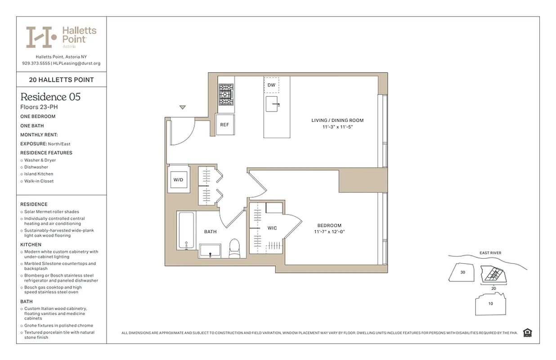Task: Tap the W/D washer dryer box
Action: pos(179,180)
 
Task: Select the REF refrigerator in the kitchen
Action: pos(224,125)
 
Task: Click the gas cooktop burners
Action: pos(226,94)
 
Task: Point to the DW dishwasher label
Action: pos(271,85)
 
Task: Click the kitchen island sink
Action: pos(273,104)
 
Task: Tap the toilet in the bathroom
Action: pos(235,248)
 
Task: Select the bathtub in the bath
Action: pos(186,231)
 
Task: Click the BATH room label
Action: pos(210,232)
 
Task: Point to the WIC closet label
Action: pos(272,228)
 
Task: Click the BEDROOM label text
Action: pos(329,225)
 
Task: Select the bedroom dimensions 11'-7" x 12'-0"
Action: pos(329,232)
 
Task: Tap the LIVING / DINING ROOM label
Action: pos(337,121)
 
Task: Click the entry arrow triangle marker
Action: pos(182,108)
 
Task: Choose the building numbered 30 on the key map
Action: pos(463,272)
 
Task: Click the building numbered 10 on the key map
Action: pos(490,303)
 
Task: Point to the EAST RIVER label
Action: pos(490,253)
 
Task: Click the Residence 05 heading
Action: pos(50,97)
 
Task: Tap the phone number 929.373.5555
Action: pos(36,63)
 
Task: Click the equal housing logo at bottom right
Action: pos(528,333)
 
